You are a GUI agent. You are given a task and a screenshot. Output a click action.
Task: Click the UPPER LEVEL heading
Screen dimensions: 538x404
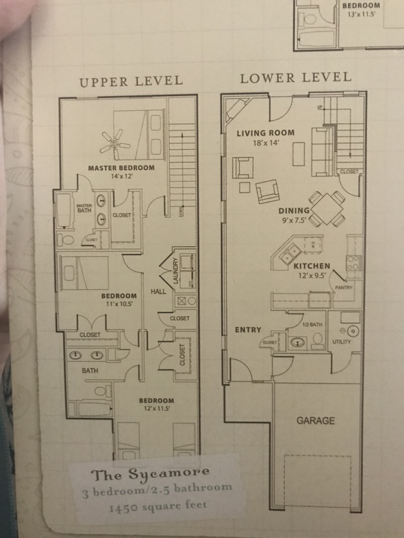point(131,81)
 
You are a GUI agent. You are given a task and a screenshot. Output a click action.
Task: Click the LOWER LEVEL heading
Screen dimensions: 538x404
point(296,77)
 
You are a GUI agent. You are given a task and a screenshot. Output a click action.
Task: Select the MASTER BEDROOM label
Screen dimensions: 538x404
point(122,167)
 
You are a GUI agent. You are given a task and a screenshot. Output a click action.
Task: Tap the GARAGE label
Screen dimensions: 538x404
point(316,421)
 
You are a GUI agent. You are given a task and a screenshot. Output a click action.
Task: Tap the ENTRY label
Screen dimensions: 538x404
point(248,330)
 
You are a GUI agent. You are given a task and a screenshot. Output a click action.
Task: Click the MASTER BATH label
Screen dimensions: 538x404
point(83,209)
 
